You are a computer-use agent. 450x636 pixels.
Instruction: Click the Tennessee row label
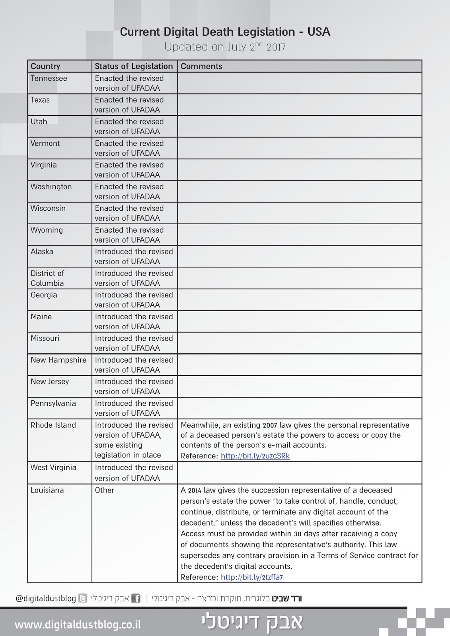pyautogui.click(x=49, y=78)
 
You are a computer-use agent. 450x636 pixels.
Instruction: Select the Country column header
pyautogui.click(x=45, y=66)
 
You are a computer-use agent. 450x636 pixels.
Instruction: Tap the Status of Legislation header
pyautogui.click(x=134, y=66)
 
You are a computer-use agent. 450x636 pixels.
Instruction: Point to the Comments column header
pyautogui.click(x=201, y=66)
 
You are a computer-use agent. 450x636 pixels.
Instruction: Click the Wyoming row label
pyautogui.click(x=47, y=230)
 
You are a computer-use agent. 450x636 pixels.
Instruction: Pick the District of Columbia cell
pyautogui.click(x=47, y=278)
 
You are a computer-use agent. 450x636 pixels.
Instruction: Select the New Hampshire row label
pyautogui.click(x=58, y=360)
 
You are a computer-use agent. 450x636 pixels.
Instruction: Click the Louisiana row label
pyautogui.click(x=47, y=490)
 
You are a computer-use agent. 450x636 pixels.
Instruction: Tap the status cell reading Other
pyautogui.click(x=104, y=490)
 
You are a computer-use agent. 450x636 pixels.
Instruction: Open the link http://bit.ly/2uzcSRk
pyautogui.click(x=255, y=456)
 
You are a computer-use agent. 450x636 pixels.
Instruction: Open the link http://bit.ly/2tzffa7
pyautogui.click(x=252, y=577)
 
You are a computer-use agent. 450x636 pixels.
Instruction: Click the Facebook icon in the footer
pyautogui.click(x=136, y=598)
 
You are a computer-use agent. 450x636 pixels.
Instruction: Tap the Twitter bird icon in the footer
pyautogui.click(x=83, y=598)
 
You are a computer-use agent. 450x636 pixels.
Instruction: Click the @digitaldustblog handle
pyautogui.click(x=46, y=598)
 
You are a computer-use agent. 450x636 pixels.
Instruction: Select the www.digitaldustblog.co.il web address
pyautogui.click(x=78, y=624)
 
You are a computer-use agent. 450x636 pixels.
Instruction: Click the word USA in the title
pyautogui.click(x=319, y=32)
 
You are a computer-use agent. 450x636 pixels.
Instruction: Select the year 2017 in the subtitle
pyautogui.click(x=276, y=47)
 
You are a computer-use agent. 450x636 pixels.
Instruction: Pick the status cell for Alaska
pyautogui.click(x=134, y=256)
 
